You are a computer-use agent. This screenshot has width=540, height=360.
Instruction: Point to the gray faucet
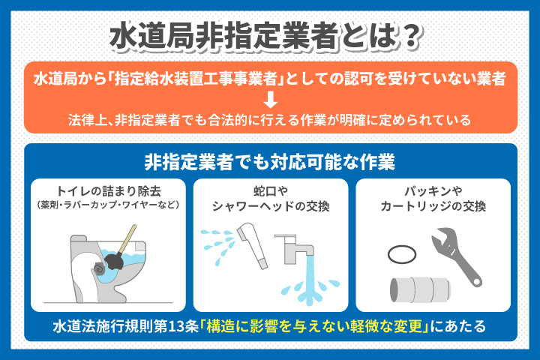[295, 248]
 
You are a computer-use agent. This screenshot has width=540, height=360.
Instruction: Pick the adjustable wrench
[457, 253]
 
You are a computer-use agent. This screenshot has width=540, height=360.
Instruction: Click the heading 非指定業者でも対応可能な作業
[270, 161]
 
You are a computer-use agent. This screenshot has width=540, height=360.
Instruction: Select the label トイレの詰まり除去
[109, 189]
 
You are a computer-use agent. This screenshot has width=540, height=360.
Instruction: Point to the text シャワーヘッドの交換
[270, 205]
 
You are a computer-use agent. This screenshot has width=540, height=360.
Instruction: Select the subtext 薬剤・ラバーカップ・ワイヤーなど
[109, 203]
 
